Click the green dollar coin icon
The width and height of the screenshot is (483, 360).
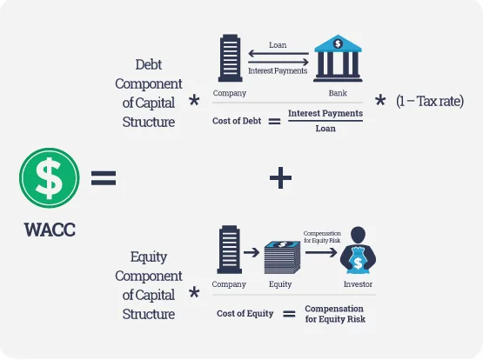point(50,178)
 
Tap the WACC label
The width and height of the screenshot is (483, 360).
point(50,230)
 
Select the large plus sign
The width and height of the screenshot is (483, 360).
point(280,178)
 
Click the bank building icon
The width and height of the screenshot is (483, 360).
point(338,58)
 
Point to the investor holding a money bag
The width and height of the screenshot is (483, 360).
point(358,250)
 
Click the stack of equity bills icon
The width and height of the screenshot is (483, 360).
point(282,257)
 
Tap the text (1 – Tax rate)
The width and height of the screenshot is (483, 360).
point(430,101)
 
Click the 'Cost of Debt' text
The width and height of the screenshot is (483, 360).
point(237,121)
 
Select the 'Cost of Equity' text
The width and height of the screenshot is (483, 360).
point(245,314)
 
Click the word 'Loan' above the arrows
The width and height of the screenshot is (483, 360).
point(278,45)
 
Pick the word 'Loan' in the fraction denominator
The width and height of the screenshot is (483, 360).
point(325,129)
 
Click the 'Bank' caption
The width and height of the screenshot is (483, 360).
point(338,93)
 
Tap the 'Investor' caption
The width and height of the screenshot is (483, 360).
point(358,284)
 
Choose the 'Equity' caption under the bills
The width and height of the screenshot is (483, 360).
point(280,284)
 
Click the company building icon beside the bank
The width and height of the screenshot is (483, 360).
point(230,58)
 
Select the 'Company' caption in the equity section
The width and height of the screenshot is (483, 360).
point(229,284)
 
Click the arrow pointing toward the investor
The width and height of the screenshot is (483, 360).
point(321,253)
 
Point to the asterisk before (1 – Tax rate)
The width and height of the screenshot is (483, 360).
point(380,100)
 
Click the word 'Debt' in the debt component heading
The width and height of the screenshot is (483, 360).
point(149,64)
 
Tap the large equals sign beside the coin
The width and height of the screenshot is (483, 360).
point(104,178)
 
